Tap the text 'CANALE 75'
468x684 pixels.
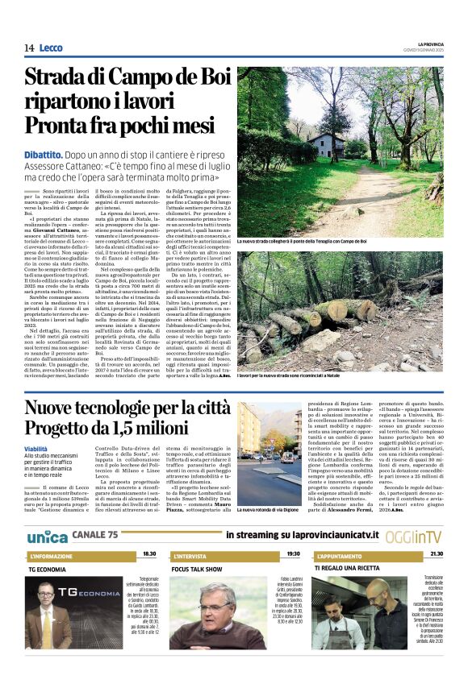tap(94, 536)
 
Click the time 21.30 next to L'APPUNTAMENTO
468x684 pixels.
tap(436, 554)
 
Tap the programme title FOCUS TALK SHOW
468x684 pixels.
tap(197, 569)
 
